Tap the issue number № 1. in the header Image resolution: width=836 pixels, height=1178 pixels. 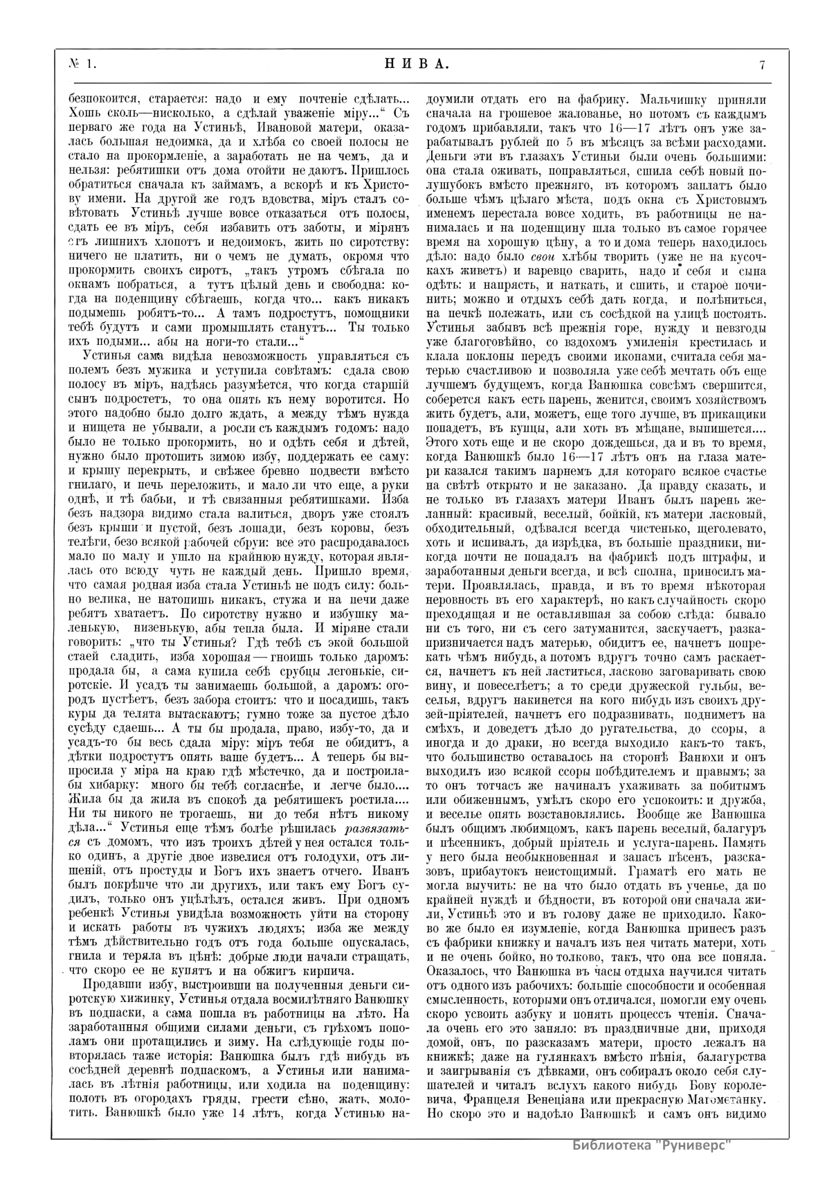tap(82, 65)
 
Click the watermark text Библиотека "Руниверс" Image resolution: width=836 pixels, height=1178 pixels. tap(653, 1144)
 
